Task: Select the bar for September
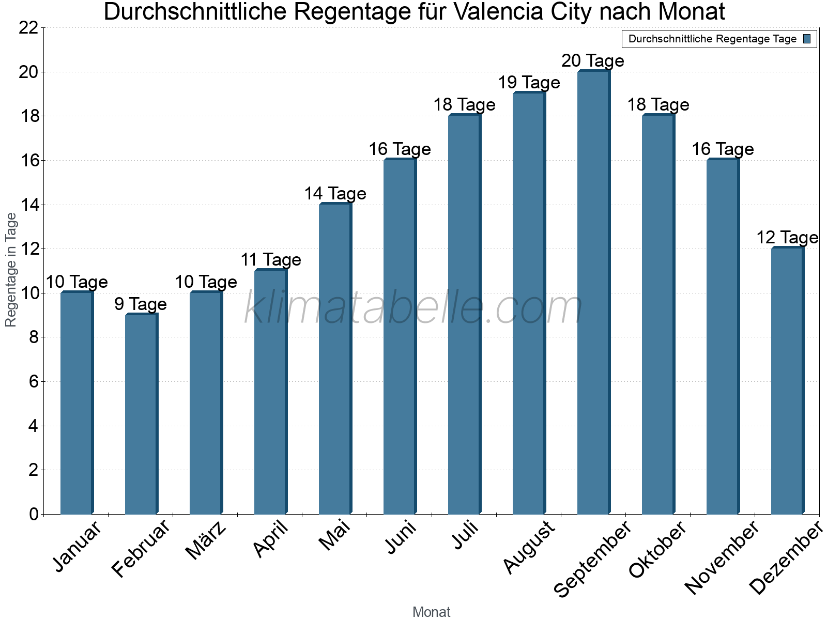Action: [593, 292]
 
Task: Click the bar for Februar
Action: [141, 414]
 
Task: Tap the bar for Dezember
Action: [787, 381]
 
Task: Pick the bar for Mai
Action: [335, 359]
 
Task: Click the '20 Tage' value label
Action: [593, 61]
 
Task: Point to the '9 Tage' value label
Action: [141, 304]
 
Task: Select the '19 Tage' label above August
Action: [529, 83]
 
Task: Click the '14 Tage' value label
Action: [335, 194]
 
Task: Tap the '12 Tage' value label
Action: [787, 238]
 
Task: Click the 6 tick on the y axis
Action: [34, 382]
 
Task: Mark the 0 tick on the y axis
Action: [34, 514]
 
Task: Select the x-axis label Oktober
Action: [657, 549]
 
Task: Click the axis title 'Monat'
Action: [431, 612]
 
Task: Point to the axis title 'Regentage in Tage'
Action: [11, 270]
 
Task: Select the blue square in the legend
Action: [807, 39]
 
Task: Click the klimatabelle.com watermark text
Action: [413, 308]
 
